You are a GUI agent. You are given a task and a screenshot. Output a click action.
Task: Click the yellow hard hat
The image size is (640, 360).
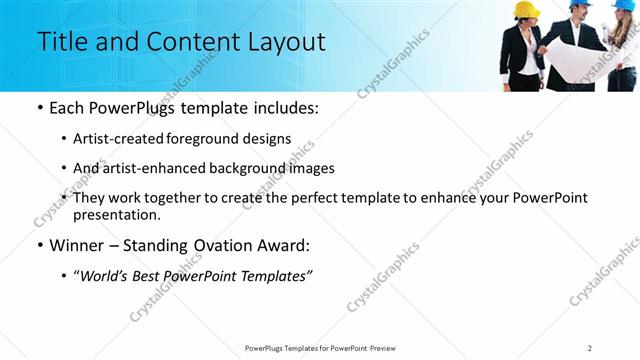tap(526, 9)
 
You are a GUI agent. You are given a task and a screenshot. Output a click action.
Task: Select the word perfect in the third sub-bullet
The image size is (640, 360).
tap(317, 198)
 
